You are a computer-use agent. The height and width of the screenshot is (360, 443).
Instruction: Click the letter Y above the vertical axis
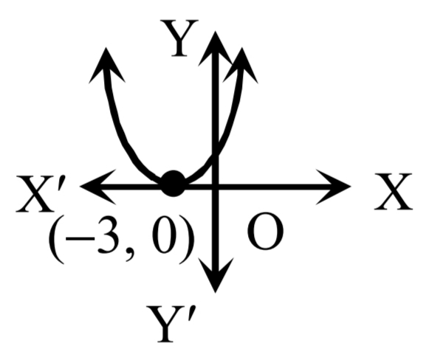[x=179, y=38]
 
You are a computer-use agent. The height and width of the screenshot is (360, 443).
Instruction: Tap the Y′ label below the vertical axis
[x=171, y=324]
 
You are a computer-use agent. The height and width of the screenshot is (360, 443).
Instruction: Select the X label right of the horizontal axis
[x=393, y=192]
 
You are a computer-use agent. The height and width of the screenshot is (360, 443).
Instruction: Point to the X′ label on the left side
[x=41, y=194]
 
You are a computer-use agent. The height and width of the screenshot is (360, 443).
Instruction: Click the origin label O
[x=265, y=231]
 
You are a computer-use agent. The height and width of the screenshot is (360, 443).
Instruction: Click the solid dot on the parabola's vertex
[x=174, y=183]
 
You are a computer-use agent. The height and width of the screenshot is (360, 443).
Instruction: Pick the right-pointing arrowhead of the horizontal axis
[x=334, y=187]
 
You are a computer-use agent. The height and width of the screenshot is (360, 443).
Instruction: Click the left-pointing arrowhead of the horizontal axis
[x=97, y=187]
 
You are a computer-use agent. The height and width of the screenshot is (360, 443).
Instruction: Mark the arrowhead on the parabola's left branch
[x=106, y=66]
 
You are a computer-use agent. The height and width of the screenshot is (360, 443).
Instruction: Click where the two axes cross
[x=216, y=187]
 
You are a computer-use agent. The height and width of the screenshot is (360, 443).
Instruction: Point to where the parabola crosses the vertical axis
[x=216, y=154]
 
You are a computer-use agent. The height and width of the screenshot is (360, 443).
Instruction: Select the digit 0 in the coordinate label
[x=165, y=235]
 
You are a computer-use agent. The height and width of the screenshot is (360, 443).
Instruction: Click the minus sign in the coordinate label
[x=80, y=239]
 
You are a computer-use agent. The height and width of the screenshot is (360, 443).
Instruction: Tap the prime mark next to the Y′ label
[x=190, y=314]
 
